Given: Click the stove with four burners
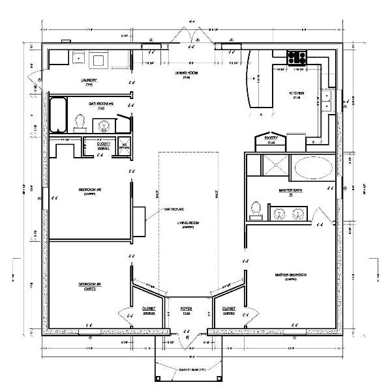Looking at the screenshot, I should [x=298, y=56].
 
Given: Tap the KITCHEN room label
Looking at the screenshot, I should [x=297, y=94].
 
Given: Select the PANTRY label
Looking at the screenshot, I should [x=271, y=138].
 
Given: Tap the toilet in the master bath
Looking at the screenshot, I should [x=256, y=209].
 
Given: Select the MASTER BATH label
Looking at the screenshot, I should [x=288, y=190].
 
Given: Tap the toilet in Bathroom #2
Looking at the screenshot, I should [x=81, y=121].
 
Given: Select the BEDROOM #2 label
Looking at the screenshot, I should [x=89, y=285].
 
